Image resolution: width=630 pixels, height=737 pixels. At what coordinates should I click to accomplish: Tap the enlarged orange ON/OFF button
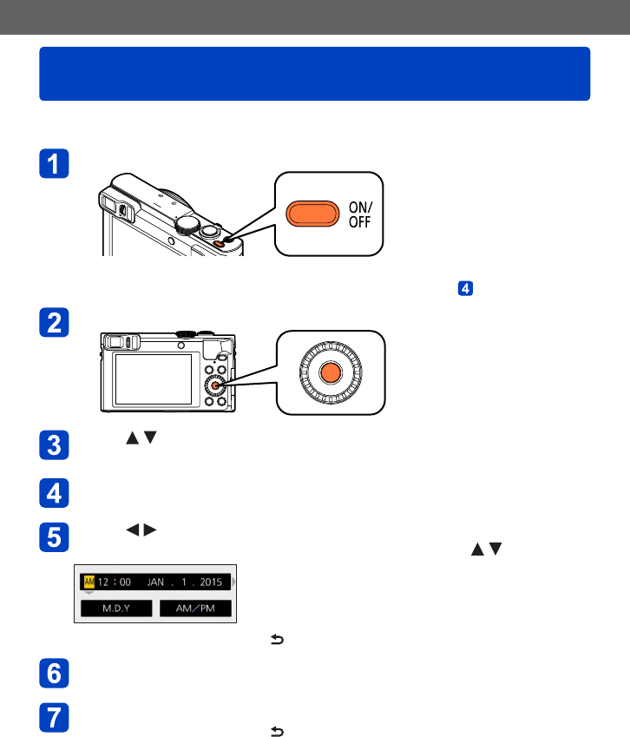coord(314,213)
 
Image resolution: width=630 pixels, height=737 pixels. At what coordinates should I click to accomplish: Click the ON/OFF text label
coord(358,213)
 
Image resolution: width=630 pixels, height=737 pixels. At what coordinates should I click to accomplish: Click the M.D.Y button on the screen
coord(115,609)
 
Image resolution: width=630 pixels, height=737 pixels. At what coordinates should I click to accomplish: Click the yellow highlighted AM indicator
coord(89,582)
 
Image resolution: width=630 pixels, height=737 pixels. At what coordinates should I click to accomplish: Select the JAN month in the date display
coord(156,582)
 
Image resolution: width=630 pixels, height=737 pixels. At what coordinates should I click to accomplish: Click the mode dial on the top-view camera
coord(186,223)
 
